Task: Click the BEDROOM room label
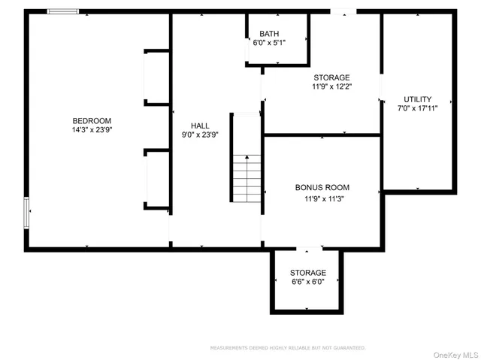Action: tap(92, 121)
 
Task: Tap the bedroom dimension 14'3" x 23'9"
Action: tap(92, 130)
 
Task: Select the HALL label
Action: tap(200, 126)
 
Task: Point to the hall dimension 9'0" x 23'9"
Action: tap(200, 135)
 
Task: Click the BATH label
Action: tap(269, 34)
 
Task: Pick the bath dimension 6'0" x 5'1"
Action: tap(269, 43)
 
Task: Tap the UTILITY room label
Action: tap(417, 99)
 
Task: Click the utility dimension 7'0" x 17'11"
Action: tap(417, 108)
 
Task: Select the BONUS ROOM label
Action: tap(322, 188)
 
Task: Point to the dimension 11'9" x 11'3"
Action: tap(322, 199)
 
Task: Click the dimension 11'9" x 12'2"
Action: tap(331, 86)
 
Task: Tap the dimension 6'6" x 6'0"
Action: tap(308, 282)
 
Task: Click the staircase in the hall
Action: tap(246, 177)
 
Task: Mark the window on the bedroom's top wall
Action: tap(63, 11)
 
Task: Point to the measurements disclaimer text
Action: tap(288, 348)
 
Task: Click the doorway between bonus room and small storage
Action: tap(308, 248)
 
